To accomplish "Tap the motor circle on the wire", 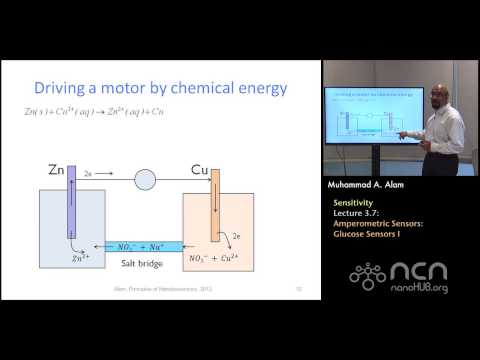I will point(145,180).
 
